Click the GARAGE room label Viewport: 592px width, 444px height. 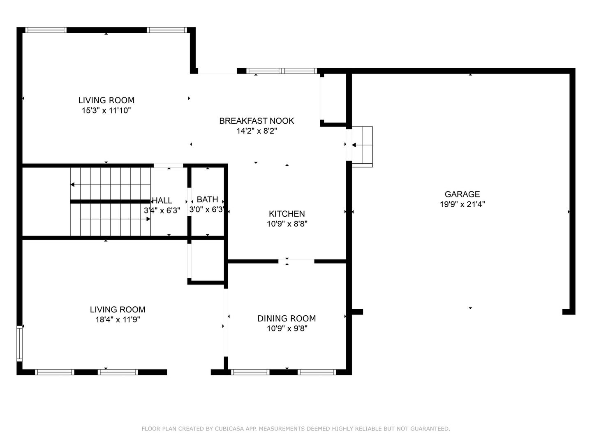[x=462, y=194]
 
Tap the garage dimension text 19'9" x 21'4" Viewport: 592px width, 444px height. [x=462, y=204]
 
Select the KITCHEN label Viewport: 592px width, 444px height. [x=287, y=214]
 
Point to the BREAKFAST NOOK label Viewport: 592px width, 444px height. [x=257, y=121]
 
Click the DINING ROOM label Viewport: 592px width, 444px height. [x=287, y=318]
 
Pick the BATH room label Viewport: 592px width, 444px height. [x=207, y=199]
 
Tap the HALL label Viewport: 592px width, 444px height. [x=162, y=201]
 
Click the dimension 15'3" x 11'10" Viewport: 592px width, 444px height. [x=106, y=111]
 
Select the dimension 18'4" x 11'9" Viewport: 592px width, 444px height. [x=118, y=320]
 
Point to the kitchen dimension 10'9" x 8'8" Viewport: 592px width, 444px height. [x=287, y=224]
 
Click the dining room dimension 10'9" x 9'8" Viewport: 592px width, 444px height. [x=287, y=328]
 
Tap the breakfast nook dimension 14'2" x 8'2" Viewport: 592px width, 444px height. [x=257, y=131]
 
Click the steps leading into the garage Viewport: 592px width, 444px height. [x=362, y=147]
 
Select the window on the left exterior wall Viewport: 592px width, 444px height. [x=19, y=343]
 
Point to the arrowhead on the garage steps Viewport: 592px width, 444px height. [x=354, y=145]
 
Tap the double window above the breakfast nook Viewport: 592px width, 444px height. [x=282, y=71]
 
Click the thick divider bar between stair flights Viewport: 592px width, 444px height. [x=110, y=201]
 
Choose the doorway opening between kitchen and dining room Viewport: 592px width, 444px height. [x=296, y=261]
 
